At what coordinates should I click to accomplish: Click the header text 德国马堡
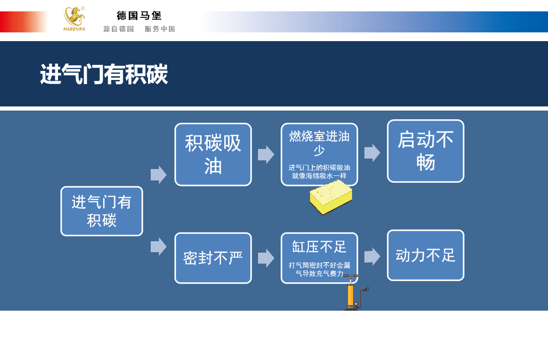139,16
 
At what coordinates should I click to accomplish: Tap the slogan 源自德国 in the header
118,29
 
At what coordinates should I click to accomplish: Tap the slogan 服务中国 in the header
160,29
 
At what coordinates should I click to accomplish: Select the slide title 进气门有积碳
104,74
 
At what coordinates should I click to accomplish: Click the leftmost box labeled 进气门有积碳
101,211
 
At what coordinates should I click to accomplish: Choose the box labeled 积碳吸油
213,154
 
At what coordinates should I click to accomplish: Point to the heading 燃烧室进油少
319,143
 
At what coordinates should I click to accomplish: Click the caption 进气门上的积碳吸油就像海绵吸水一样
319,171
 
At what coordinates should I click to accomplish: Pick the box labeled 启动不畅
425,151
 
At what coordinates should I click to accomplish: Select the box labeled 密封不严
213,258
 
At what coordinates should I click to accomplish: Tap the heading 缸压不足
319,247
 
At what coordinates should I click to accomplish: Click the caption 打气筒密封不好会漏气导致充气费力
319,269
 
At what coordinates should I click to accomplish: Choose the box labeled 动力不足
425,255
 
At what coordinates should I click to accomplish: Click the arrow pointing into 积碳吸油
158,175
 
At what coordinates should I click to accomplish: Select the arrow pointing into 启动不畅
372,153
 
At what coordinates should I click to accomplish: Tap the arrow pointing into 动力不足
372,256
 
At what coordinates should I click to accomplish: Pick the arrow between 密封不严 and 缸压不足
266,258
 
